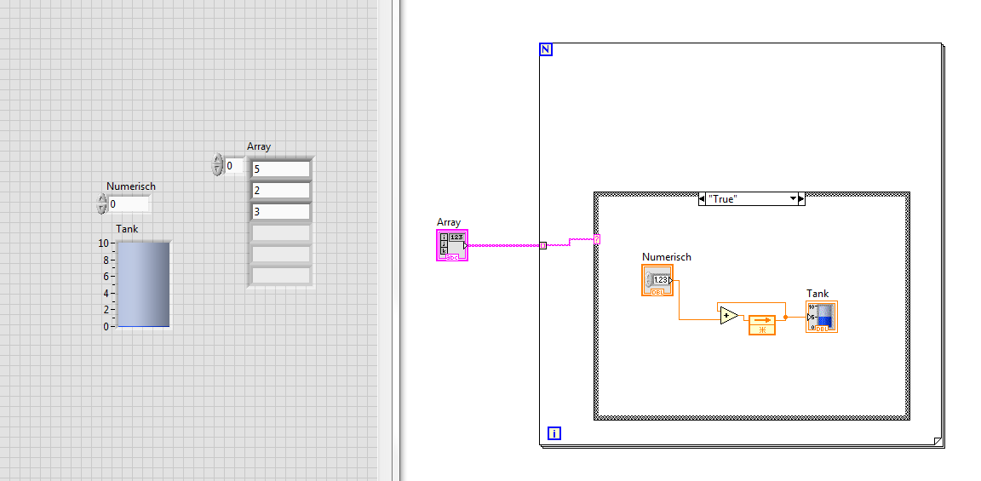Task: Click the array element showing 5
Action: point(281,169)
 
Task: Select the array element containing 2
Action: point(281,190)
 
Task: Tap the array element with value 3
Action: point(281,211)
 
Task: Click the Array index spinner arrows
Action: point(217,165)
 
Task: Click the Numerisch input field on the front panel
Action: point(129,204)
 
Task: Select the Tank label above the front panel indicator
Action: point(127,229)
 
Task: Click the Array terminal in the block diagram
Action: point(451,244)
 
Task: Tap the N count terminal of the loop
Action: point(546,49)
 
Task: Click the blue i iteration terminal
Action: point(554,432)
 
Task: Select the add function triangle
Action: point(729,316)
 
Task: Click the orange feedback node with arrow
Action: point(762,324)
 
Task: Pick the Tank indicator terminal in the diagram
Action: point(822,317)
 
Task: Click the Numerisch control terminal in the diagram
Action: point(657,280)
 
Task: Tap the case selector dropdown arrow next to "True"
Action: point(794,199)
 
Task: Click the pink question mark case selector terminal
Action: point(597,238)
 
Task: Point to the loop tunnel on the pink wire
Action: point(543,245)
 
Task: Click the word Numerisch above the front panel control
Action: point(131,186)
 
